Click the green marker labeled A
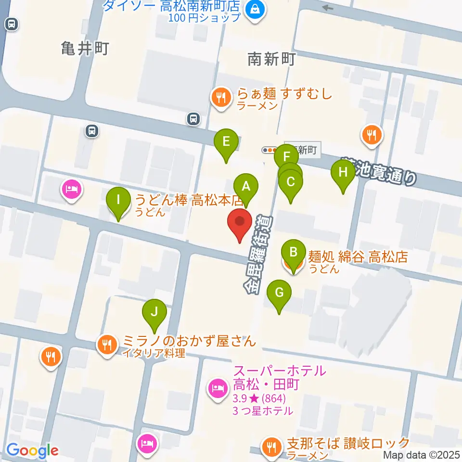pos(246,186)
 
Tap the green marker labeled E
pos(227,142)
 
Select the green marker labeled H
pos(343,172)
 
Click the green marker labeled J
pos(154,311)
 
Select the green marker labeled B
pos(293,252)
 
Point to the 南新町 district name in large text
pos(271,59)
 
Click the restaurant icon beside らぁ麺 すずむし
pos(221,98)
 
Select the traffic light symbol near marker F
pos(268,150)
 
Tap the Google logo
pos(32,451)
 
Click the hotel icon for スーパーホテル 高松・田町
pos(217,388)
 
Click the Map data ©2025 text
pos(421,455)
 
